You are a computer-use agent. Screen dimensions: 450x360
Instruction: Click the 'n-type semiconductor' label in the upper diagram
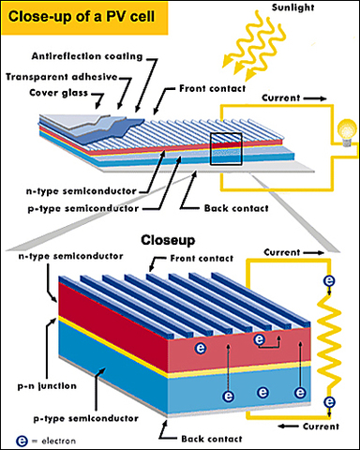point(74,191)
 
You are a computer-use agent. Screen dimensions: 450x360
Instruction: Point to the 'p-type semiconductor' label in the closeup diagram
point(67,421)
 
